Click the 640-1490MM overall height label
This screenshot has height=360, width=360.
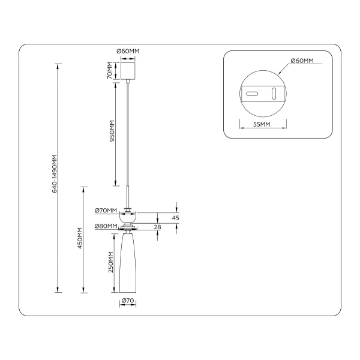54,174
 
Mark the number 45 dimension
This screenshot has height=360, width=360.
176,218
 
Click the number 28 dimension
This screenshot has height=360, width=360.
158,227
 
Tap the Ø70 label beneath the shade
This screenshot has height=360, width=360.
127,300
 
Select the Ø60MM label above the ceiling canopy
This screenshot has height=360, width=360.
127,52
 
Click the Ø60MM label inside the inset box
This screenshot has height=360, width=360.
302,61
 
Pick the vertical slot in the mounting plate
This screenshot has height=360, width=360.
274,94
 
